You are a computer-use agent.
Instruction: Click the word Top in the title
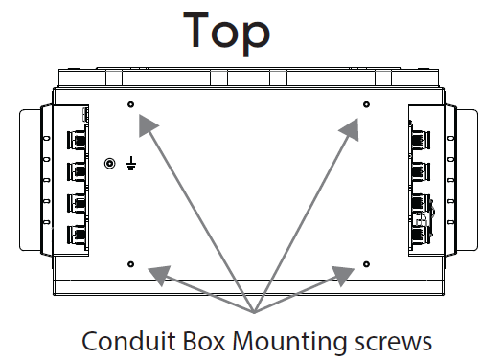pos(228,33)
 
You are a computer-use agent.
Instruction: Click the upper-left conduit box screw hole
pos(131,103)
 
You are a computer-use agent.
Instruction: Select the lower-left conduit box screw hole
pos(131,263)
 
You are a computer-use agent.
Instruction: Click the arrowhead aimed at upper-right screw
pos(350,124)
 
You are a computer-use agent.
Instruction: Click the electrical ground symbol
pos(129,165)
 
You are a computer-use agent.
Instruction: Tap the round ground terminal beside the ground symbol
pos(110,164)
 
